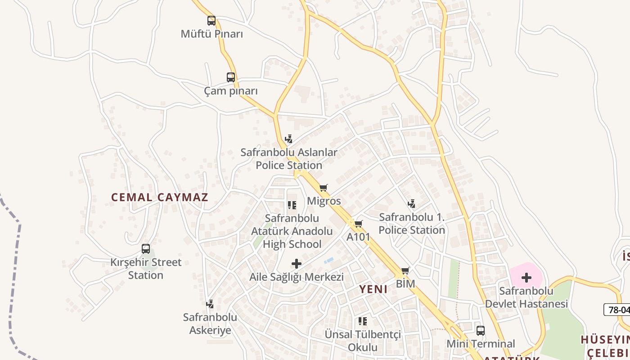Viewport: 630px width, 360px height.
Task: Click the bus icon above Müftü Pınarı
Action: click(x=211, y=20)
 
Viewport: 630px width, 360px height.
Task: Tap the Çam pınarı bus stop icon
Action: click(x=231, y=77)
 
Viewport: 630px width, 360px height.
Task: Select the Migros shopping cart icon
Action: click(x=323, y=188)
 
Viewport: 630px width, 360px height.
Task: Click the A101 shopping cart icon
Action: click(x=358, y=224)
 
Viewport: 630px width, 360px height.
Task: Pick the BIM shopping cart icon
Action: click(x=405, y=270)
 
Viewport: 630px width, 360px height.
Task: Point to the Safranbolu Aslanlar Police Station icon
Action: click(x=289, y=139)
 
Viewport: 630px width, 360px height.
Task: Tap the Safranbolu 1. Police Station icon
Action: click(x=411, y=204)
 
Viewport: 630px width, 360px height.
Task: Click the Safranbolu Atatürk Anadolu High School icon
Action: click(x=292, y=205)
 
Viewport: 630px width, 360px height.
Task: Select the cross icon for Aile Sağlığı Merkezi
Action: click(x=297, y=263)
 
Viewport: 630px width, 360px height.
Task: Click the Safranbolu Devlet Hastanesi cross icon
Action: click(x=526, y=277)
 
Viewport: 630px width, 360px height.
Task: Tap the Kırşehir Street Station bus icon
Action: click(x=146, y=249)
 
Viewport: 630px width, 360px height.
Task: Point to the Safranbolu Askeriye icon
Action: click(x=210, y=304)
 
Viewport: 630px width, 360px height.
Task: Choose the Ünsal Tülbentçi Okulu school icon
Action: click(x=362, y=321)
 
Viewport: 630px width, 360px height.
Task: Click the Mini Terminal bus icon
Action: click(x=481, y=331)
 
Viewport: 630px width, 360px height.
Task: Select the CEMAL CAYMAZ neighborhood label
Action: click(x=160, y=197)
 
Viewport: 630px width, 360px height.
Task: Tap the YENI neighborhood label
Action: click(x=373, y=289)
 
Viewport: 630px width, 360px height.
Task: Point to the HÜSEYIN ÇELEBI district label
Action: click(x=605, y=345)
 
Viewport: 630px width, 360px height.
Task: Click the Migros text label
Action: click(x=324, y=201)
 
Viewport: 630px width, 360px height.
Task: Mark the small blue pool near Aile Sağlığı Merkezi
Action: click(x=329, y=260)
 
